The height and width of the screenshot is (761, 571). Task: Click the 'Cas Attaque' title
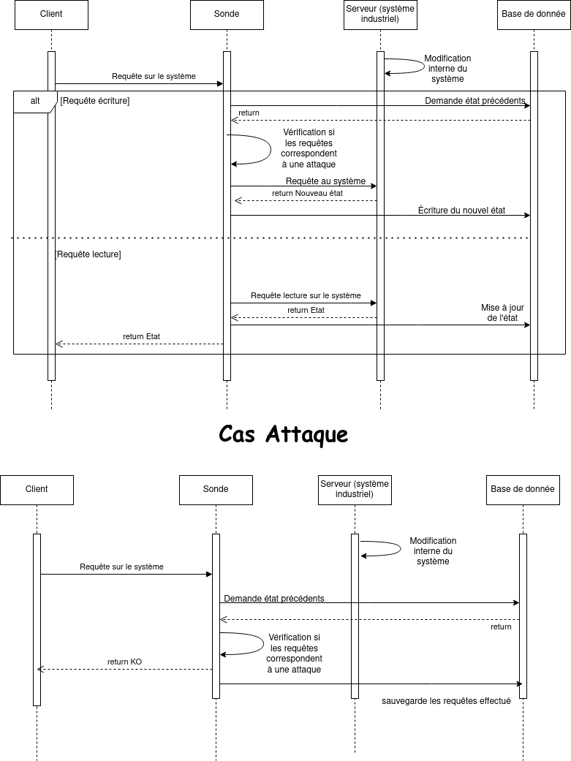coord(283,433)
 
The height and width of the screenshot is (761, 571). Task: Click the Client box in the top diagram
coord(51,15)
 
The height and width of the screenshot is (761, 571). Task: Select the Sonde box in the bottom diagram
coord(216,491)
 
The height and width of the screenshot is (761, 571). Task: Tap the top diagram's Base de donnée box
coord(534,15)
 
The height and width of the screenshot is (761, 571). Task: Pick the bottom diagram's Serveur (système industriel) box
coord(355,491)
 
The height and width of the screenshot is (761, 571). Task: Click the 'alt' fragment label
coord(35,101)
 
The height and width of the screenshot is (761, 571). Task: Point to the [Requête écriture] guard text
coord(95,101)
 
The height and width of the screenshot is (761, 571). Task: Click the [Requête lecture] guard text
coord(88,254)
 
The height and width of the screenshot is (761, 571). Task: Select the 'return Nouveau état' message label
coord(307,193)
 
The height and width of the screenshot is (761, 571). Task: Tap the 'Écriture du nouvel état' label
coord(462,210)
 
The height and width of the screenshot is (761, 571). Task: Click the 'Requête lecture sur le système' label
coord(306,295)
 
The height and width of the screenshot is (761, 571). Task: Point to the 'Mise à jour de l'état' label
coord(502,313)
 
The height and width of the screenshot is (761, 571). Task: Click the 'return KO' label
coord(125,662)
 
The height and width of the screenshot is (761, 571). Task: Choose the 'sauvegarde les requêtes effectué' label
coord(446,701)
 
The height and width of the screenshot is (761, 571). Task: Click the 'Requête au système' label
coord(325,181)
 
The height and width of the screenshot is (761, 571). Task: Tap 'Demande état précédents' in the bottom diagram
coord(274,599)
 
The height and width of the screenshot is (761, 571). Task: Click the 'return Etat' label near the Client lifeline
coord(141,336)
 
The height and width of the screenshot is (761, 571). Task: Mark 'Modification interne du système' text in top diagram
coord(447,69)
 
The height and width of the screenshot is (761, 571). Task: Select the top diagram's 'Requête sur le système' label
coord(154,76)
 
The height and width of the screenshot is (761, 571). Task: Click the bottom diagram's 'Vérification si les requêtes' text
coord(294,643)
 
